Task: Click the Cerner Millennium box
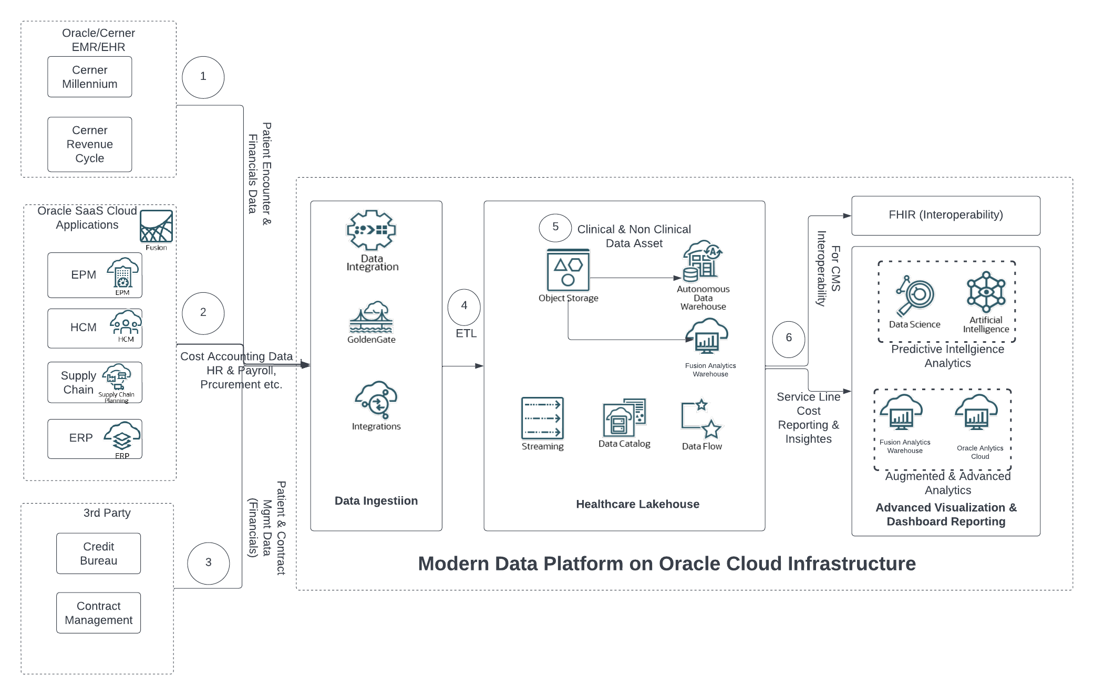point(89,77)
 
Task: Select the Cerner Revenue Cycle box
point(89,144)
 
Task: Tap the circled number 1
point(203,77)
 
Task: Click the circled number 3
point(208,563)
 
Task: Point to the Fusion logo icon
point(156,227)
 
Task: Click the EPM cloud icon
point(123,273)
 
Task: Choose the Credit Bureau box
point(98,554)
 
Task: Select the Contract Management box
point(98,613)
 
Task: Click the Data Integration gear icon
point(371,230)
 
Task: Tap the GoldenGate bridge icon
point(371,318)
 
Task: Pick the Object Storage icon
point(568,270)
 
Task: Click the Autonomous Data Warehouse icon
point(702,261)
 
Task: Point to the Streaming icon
point(542,418)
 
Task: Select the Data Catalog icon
point(624,417)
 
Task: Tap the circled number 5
point(555,227)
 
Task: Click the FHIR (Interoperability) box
point(945,216)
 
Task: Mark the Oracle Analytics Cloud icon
point(976,413)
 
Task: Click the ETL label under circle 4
point(466,333)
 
